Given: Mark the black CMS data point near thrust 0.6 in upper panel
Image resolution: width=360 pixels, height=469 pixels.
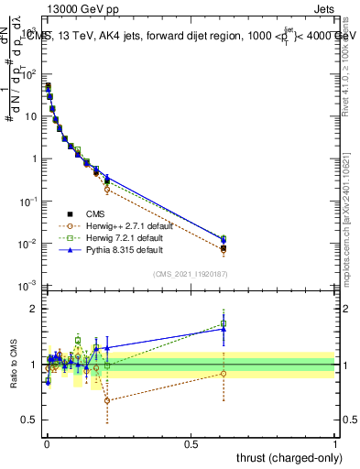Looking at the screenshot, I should (x=224, y=248).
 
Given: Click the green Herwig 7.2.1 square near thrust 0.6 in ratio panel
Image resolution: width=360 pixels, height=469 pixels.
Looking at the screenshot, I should (x=224, y=323).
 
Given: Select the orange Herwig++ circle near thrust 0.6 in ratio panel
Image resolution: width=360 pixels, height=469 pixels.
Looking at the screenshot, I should (x=224, y=373).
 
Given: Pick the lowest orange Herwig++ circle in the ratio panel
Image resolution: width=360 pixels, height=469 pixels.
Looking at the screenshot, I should (x=107, y=400).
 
